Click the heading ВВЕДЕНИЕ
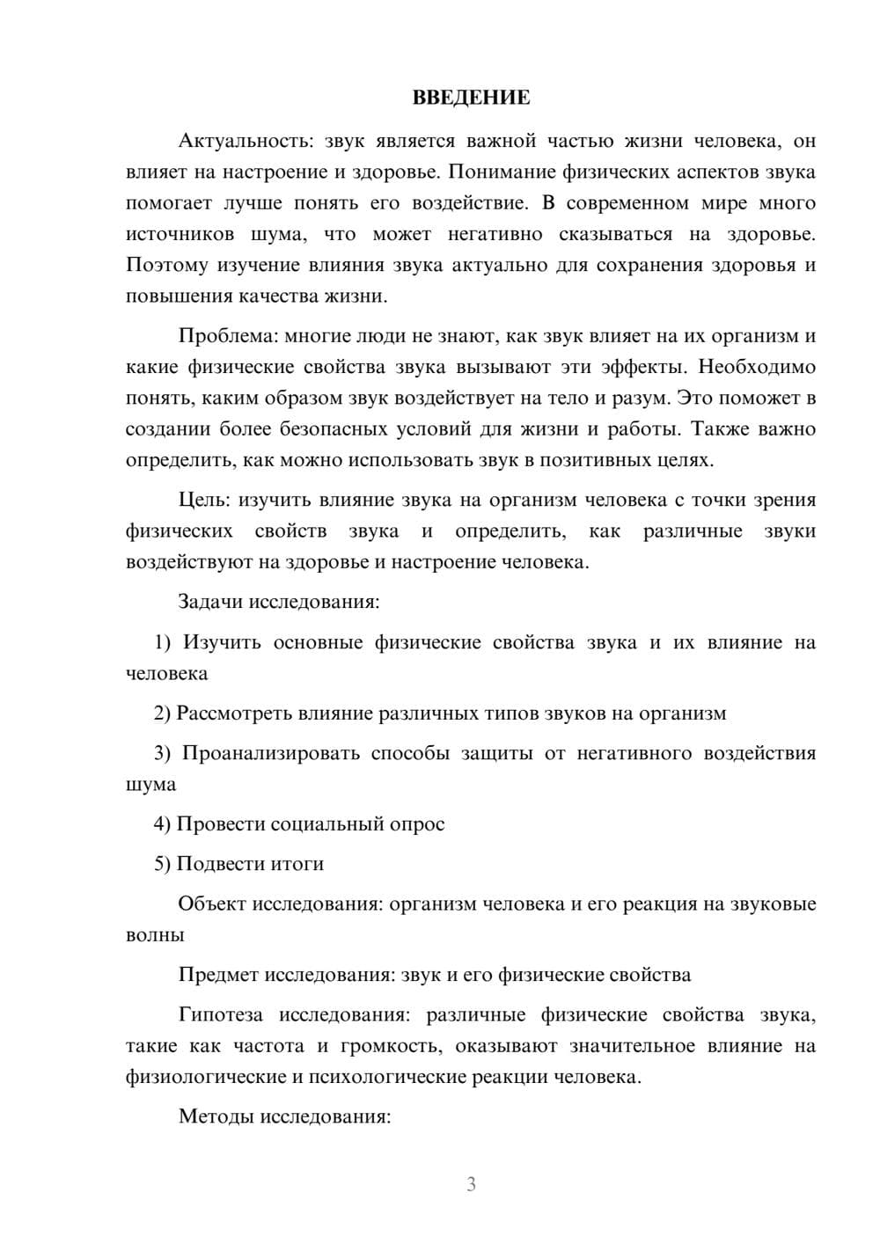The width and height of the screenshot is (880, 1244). (471, 98)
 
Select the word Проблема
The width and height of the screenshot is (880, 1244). (216, 336)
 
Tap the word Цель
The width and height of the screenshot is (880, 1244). (202, 501)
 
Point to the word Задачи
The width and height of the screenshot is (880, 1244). (210, 603)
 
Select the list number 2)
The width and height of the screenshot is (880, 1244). (162, 713)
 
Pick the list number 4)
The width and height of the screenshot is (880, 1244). (162, 824)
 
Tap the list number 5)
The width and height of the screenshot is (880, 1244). (162, 864)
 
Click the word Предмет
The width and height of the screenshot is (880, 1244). (218, 975)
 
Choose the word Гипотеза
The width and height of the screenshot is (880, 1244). (221, 1015)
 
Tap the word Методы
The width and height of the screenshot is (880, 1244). (212, 1117)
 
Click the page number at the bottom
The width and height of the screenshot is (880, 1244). (471, 1184)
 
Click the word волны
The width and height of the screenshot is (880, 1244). (155, 935)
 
